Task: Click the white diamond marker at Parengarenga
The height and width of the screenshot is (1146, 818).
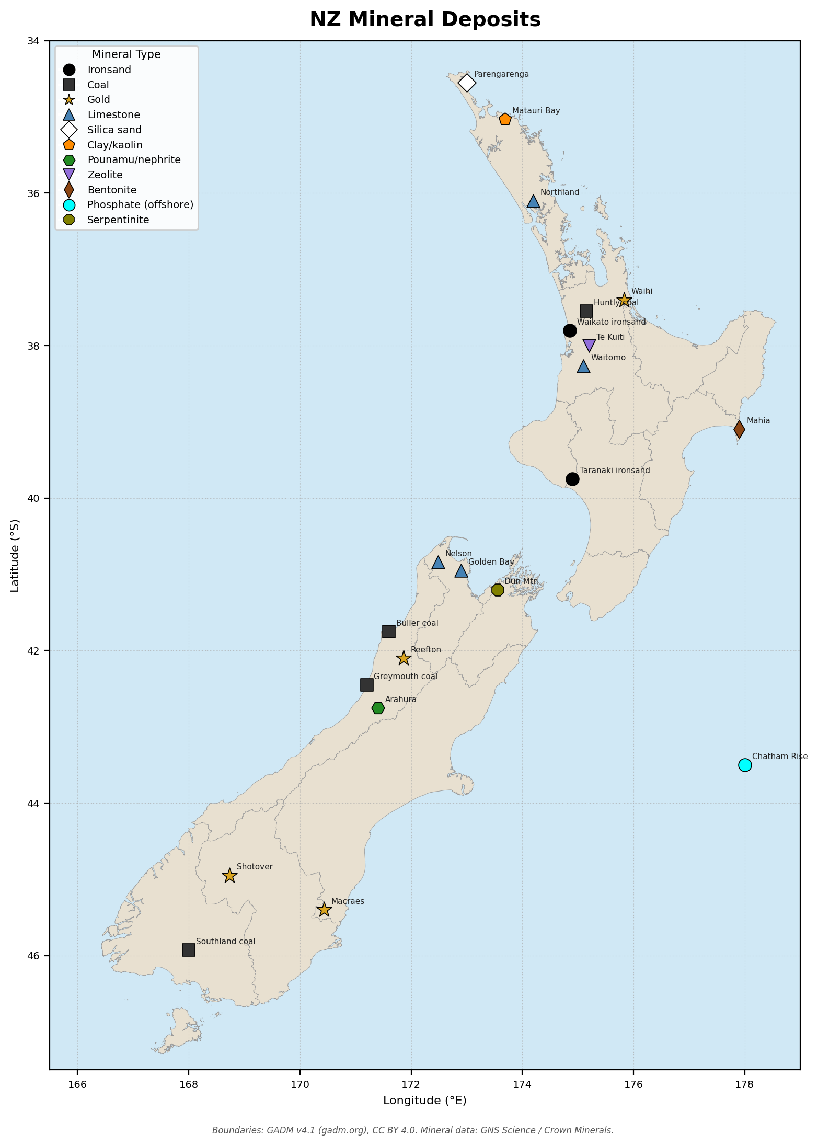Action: (467, 83)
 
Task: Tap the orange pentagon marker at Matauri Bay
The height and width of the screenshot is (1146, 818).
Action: (505, 119)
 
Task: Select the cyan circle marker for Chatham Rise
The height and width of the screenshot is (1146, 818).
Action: (745, 765)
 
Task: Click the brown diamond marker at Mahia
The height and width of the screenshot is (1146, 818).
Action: (739, 429)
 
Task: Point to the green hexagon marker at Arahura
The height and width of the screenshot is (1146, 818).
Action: (378, 708)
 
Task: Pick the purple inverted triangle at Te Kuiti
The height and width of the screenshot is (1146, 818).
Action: (589, 345)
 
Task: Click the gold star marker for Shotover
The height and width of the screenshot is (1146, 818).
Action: (229, 875)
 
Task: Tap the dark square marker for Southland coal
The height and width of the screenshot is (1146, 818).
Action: (189, 950)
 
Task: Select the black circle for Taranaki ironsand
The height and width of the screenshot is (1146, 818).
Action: (572, 479)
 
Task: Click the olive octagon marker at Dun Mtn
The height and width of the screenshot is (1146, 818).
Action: (498, 590)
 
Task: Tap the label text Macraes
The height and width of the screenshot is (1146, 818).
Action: (348, 901)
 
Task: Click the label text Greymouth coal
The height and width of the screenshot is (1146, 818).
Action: (405, 677)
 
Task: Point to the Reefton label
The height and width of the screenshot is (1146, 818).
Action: (425, 650)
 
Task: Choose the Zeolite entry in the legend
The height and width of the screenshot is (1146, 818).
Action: (105, 175)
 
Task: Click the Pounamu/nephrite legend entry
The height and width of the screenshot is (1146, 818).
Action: (134, 159)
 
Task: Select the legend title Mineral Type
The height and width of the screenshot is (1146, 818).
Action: (126, 54)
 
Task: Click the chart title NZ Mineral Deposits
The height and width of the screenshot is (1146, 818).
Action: (425, 20)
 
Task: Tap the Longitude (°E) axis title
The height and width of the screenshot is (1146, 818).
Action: (424, 1101)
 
